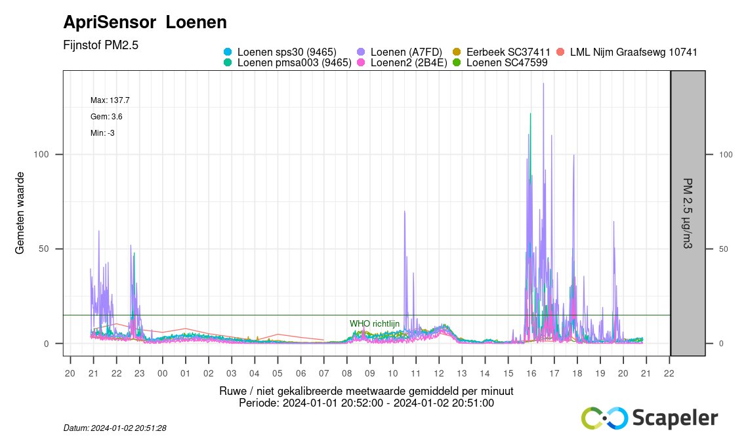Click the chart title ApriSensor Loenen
click(145, 22)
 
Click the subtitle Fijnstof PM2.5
click(100, 45)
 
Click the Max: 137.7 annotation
click(110, 100)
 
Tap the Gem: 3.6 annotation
click(106, 117)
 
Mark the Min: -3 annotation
click(102, 133)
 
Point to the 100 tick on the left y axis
click(41, 154)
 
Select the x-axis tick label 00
click(162, 373)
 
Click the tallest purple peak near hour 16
click(543, 84)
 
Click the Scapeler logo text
click(675, 418)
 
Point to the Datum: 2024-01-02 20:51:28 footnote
click(115, 428)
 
